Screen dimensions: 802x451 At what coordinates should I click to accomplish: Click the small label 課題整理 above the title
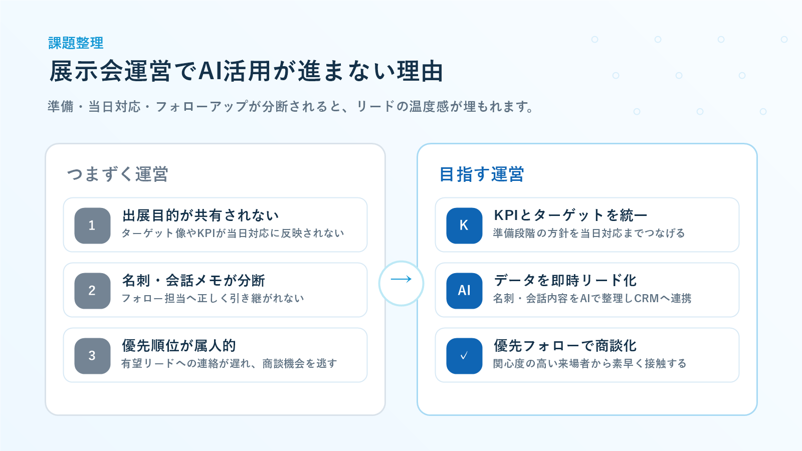point(76,43)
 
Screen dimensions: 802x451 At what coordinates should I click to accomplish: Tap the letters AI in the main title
point(210,71)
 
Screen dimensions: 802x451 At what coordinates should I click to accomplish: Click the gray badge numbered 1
point(92,225)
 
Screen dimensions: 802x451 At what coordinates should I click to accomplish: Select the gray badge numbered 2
point(92,291)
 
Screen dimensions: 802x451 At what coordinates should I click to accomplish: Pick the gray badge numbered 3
point(92,356)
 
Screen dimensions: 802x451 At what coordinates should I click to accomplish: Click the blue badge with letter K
point(464,225)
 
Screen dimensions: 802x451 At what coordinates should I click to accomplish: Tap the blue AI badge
point(464,291)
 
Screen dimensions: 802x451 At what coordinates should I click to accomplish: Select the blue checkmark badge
point(464,356)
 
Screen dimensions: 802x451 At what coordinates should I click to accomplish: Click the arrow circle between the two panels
point(401,261)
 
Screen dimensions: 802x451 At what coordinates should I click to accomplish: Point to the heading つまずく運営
point(117,174)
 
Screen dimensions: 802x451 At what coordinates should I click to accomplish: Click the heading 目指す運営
point(482,174)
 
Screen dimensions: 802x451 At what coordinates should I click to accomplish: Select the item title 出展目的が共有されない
point(200,215)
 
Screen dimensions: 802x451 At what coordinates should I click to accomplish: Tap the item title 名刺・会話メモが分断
point(193,281)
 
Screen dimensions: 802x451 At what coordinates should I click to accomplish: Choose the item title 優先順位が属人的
point(179,346)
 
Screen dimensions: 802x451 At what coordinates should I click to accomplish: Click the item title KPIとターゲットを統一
point(570,215)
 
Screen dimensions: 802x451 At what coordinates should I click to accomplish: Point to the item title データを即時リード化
point(565,281)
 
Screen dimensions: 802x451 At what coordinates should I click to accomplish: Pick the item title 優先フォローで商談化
point(565,346)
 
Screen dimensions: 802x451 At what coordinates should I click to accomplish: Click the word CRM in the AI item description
point(646,299)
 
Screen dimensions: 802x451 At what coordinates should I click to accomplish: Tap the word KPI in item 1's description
point(206,234)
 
